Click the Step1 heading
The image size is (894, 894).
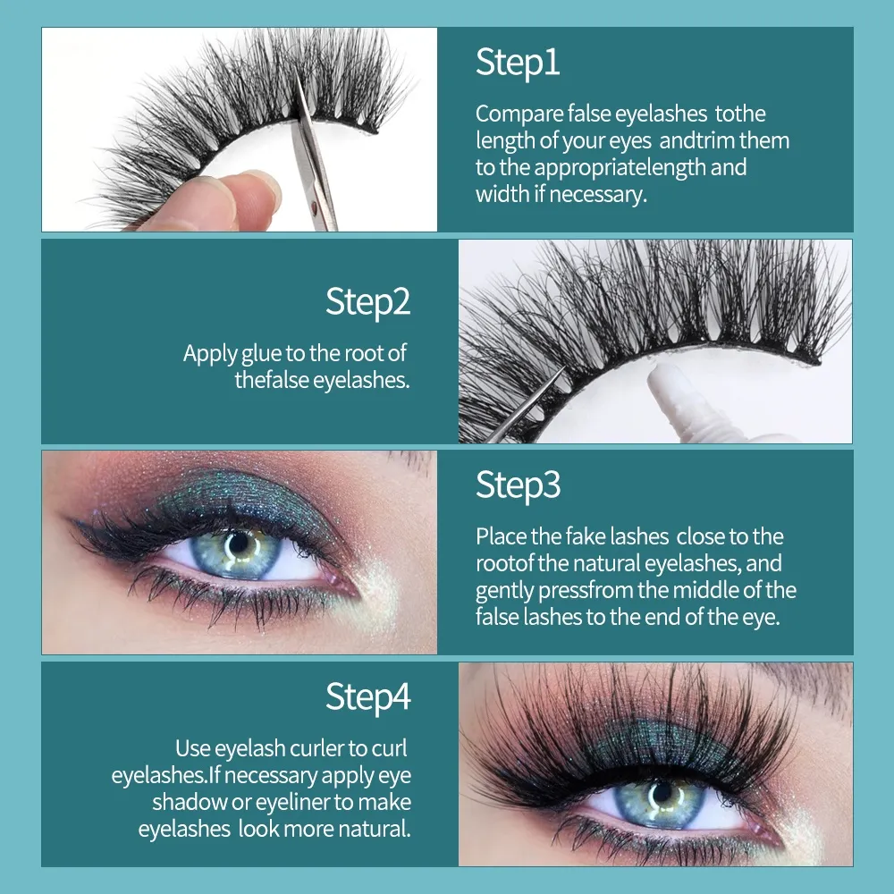pyautogui.click(x=518, y=63)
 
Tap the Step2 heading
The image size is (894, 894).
pyautogui.click(x=367, y=301)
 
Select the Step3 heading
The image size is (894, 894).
pyautogui.click(x=519, y=485)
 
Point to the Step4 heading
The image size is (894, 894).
pyautogui.click(x=367, y=696)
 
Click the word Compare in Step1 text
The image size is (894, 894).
pyautogui.click(x=519, y=114)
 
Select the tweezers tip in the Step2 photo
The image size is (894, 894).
pyautogui.click(x=561, y=371)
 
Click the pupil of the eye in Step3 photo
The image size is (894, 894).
pyautogui.click(x=239, y=543)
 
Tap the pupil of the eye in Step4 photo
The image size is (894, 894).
pyautogui.click(x=662, y=793)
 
